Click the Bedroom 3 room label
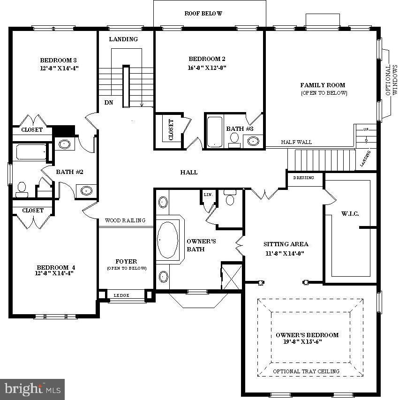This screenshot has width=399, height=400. (58, 60)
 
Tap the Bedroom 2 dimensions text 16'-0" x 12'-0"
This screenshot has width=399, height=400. (207, 67)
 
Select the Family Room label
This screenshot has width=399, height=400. (323, 85)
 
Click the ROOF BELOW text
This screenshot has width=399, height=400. (203, 14)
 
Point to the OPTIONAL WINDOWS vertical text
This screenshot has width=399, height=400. (391, 80)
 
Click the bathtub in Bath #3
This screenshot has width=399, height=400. (215, 130)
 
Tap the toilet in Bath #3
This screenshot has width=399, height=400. (234, 139)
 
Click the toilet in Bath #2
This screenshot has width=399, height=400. (22, 189)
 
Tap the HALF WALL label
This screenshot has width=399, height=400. (296, 142)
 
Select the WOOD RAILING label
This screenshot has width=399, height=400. (125, 220)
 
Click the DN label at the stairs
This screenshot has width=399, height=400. (108, 102)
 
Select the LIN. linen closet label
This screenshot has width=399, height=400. (208, 194)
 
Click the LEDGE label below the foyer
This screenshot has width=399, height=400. (121, 295)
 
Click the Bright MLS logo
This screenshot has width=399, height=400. (32, 389)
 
